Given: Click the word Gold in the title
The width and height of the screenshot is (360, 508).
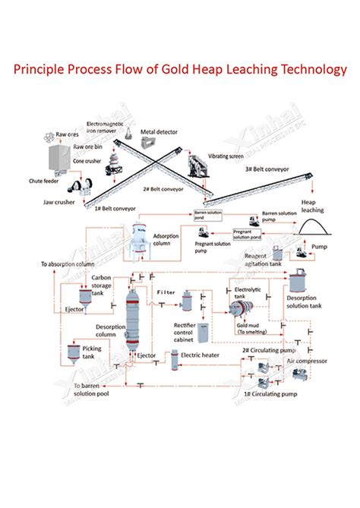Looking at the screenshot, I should tap(195, 70).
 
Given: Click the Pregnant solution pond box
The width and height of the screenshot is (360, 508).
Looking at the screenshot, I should tap(247, 234).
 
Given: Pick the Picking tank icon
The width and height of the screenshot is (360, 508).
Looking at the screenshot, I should tap(72, 354).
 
